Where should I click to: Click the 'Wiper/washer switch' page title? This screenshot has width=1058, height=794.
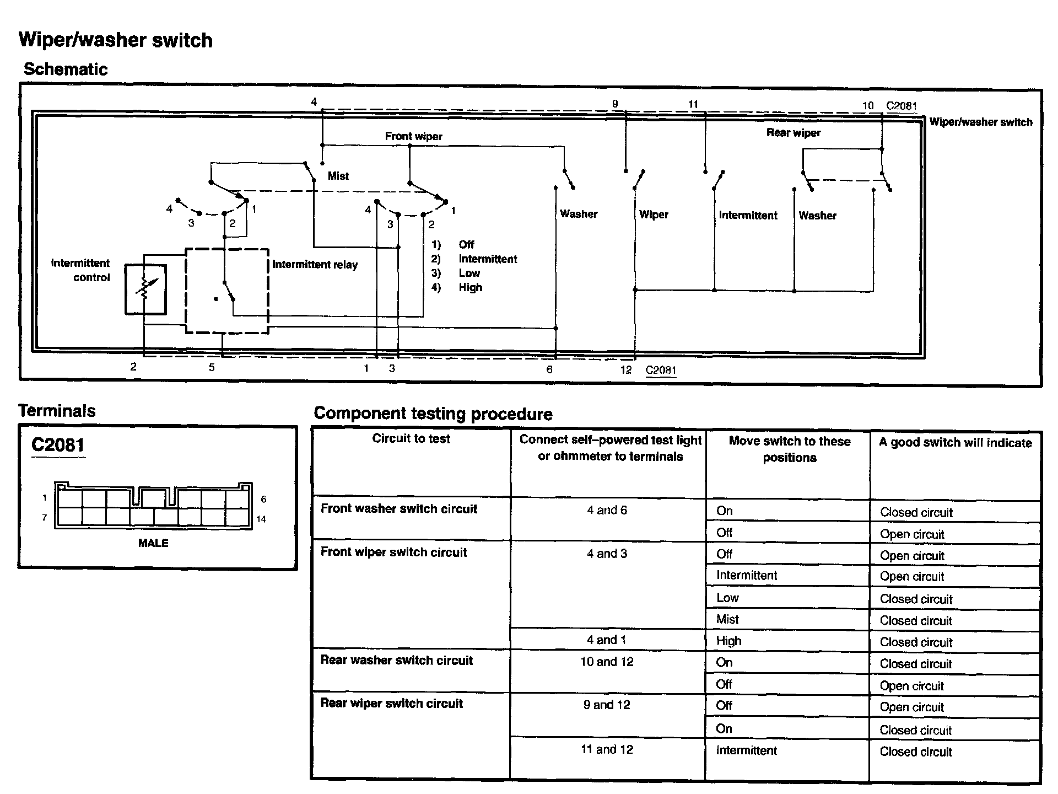pos(115,40)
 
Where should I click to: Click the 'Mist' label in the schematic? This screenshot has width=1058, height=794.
pos(338,176)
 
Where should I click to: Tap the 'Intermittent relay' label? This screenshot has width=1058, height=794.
pos(315,265)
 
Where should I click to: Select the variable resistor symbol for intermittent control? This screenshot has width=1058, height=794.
pos(145,289)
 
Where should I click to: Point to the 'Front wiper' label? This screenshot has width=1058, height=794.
pos(413,136)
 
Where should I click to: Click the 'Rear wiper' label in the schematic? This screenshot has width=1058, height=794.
pos(793,133)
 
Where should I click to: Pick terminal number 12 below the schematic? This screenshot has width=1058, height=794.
pos(625,370)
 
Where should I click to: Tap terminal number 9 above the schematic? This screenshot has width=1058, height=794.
pos(615,104)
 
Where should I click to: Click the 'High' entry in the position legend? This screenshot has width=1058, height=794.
pos(470,287)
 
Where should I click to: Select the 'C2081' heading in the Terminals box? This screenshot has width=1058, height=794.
pos(58,445)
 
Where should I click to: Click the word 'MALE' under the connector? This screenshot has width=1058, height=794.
pos(153,543)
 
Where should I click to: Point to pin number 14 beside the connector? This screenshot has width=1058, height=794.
pos(261,519)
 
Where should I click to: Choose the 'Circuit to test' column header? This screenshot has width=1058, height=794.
pos(411,439)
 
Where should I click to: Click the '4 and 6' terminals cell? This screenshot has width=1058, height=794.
pos(607,511)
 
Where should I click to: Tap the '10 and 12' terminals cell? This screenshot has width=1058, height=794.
pos(607,662)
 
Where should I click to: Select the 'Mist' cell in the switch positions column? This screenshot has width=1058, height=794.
pos(727,619)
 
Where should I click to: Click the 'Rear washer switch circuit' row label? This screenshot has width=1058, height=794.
pos(397,661)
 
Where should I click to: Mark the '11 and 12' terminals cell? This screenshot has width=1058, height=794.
pos(607,749)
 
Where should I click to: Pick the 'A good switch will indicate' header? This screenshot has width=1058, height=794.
pos(955,443)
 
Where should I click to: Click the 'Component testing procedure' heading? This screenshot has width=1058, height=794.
pos(433,414)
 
